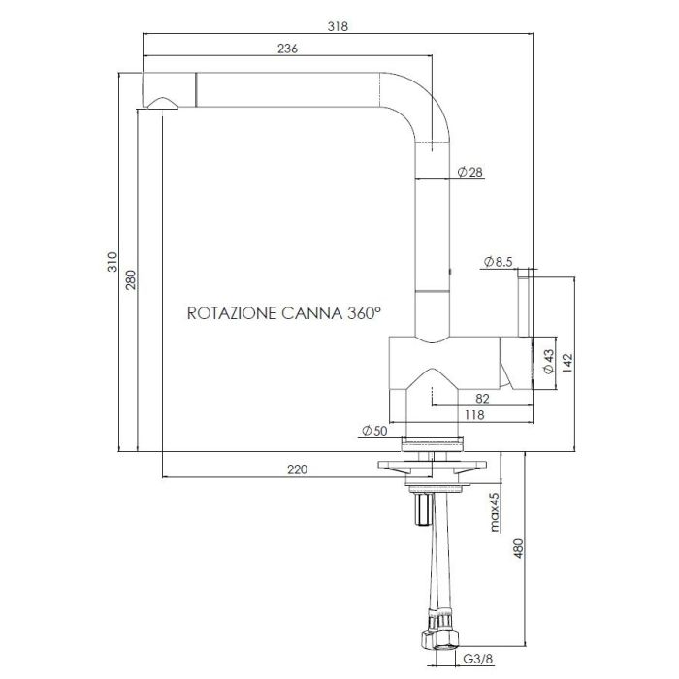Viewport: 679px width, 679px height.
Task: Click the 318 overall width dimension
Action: click(338, 26)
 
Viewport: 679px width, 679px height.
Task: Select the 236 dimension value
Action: click(287, 48)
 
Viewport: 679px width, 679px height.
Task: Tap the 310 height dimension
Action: click(113, 262)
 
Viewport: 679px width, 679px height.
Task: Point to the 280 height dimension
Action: click(131, 279)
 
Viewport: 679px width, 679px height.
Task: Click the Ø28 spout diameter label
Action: click(469, 172)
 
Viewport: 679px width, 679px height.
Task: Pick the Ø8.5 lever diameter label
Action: click(498, 262)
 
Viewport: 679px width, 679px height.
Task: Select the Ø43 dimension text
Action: click(548, 362)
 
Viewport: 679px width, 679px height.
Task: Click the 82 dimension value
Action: click(482, 399)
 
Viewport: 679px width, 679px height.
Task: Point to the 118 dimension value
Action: click(474, 415)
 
